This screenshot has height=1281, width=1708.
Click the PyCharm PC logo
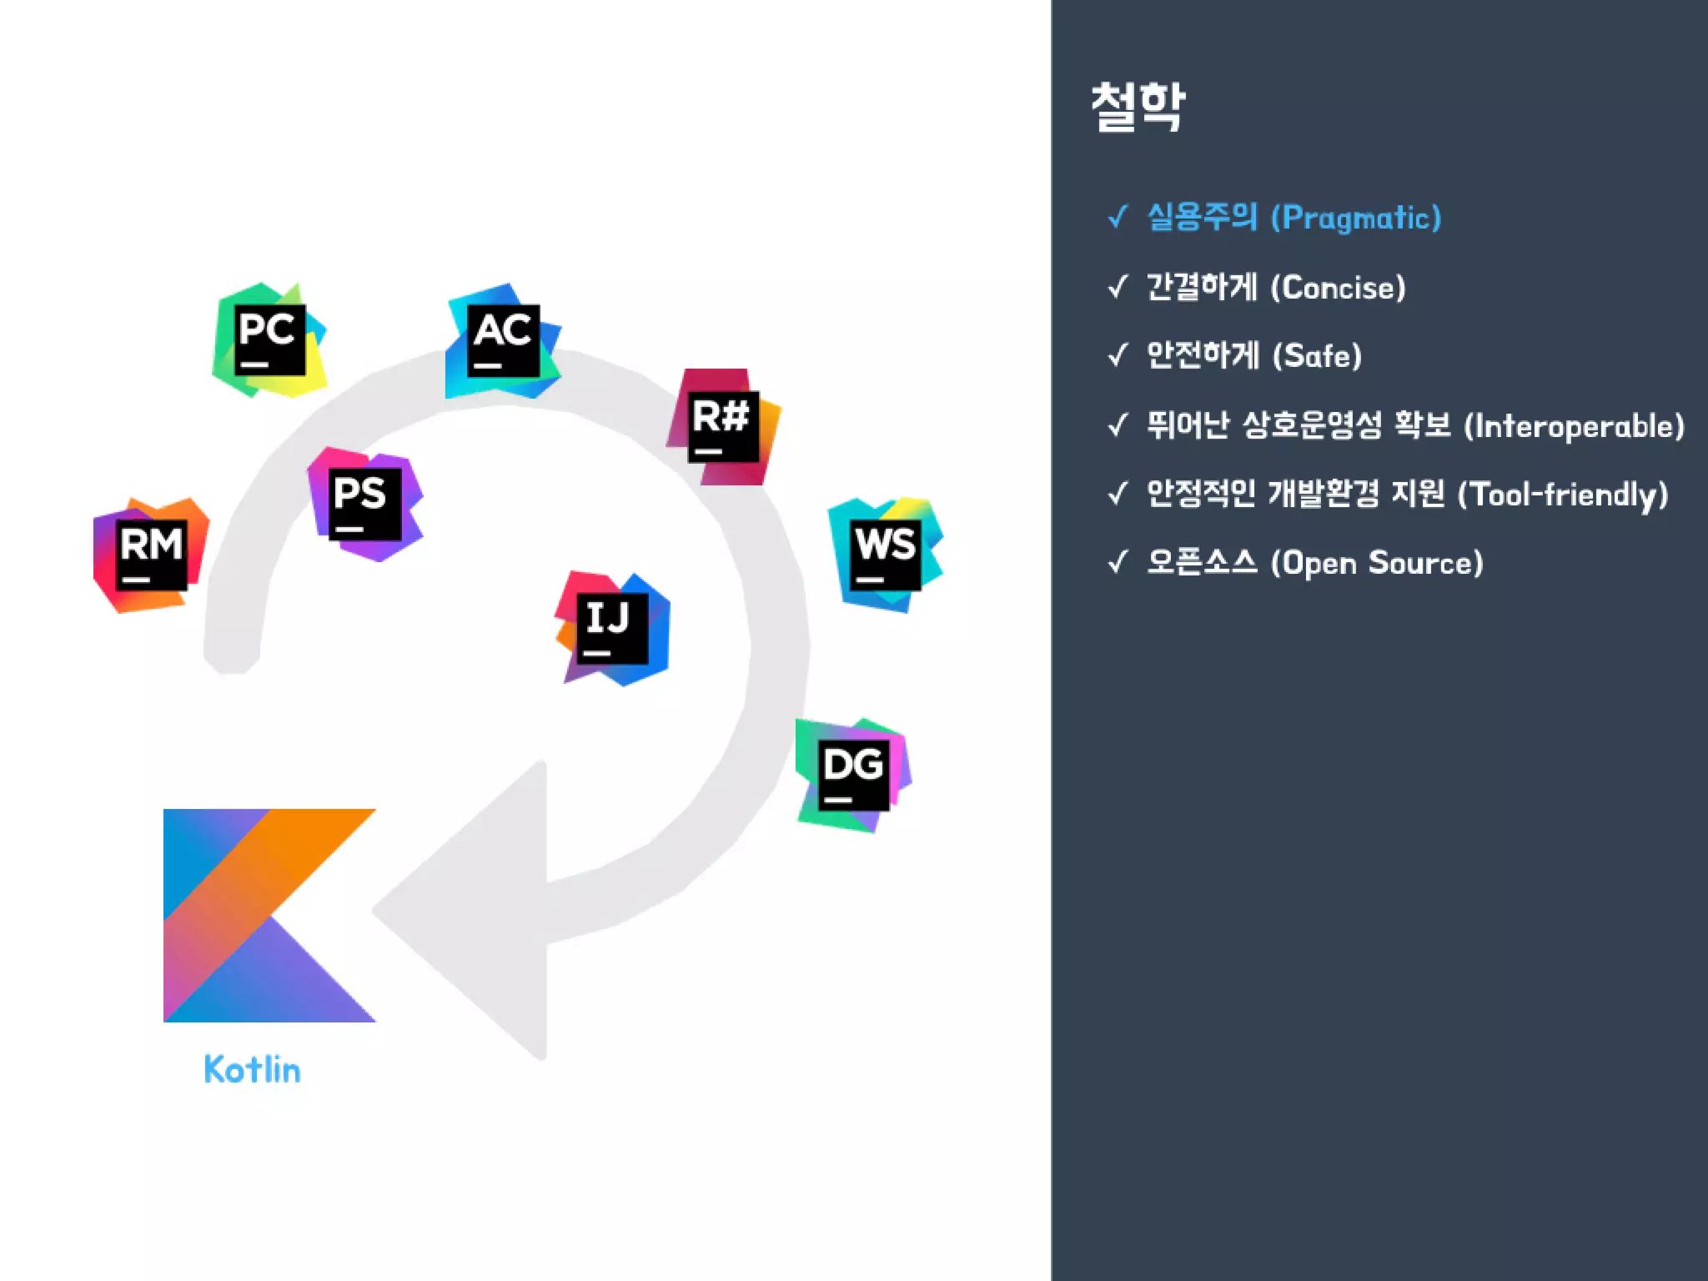269,340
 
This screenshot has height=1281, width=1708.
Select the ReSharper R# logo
723,427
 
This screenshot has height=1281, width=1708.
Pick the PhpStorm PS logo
365,504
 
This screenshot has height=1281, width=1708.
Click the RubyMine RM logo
151,555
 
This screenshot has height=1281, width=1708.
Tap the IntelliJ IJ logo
612,629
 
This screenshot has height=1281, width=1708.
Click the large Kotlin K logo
269,915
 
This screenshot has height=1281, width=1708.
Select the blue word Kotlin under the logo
252,1069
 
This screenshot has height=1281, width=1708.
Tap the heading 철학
1138,107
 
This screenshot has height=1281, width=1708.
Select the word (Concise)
1338,288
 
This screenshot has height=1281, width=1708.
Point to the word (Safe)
1317,356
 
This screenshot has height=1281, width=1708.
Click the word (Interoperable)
1575,426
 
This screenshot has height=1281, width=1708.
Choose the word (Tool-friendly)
1562,495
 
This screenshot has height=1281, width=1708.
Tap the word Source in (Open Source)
1425,563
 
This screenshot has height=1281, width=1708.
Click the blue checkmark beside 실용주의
1118,218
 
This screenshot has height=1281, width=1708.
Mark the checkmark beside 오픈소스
1118,563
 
